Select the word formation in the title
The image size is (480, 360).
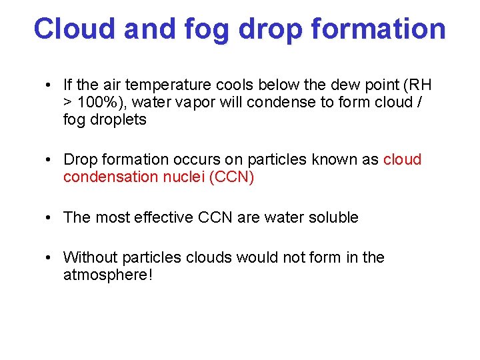(379, 29)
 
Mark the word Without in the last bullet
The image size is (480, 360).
(88, 257)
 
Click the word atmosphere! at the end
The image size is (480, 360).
(108, 275)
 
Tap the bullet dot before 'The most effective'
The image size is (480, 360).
(50, 218)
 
